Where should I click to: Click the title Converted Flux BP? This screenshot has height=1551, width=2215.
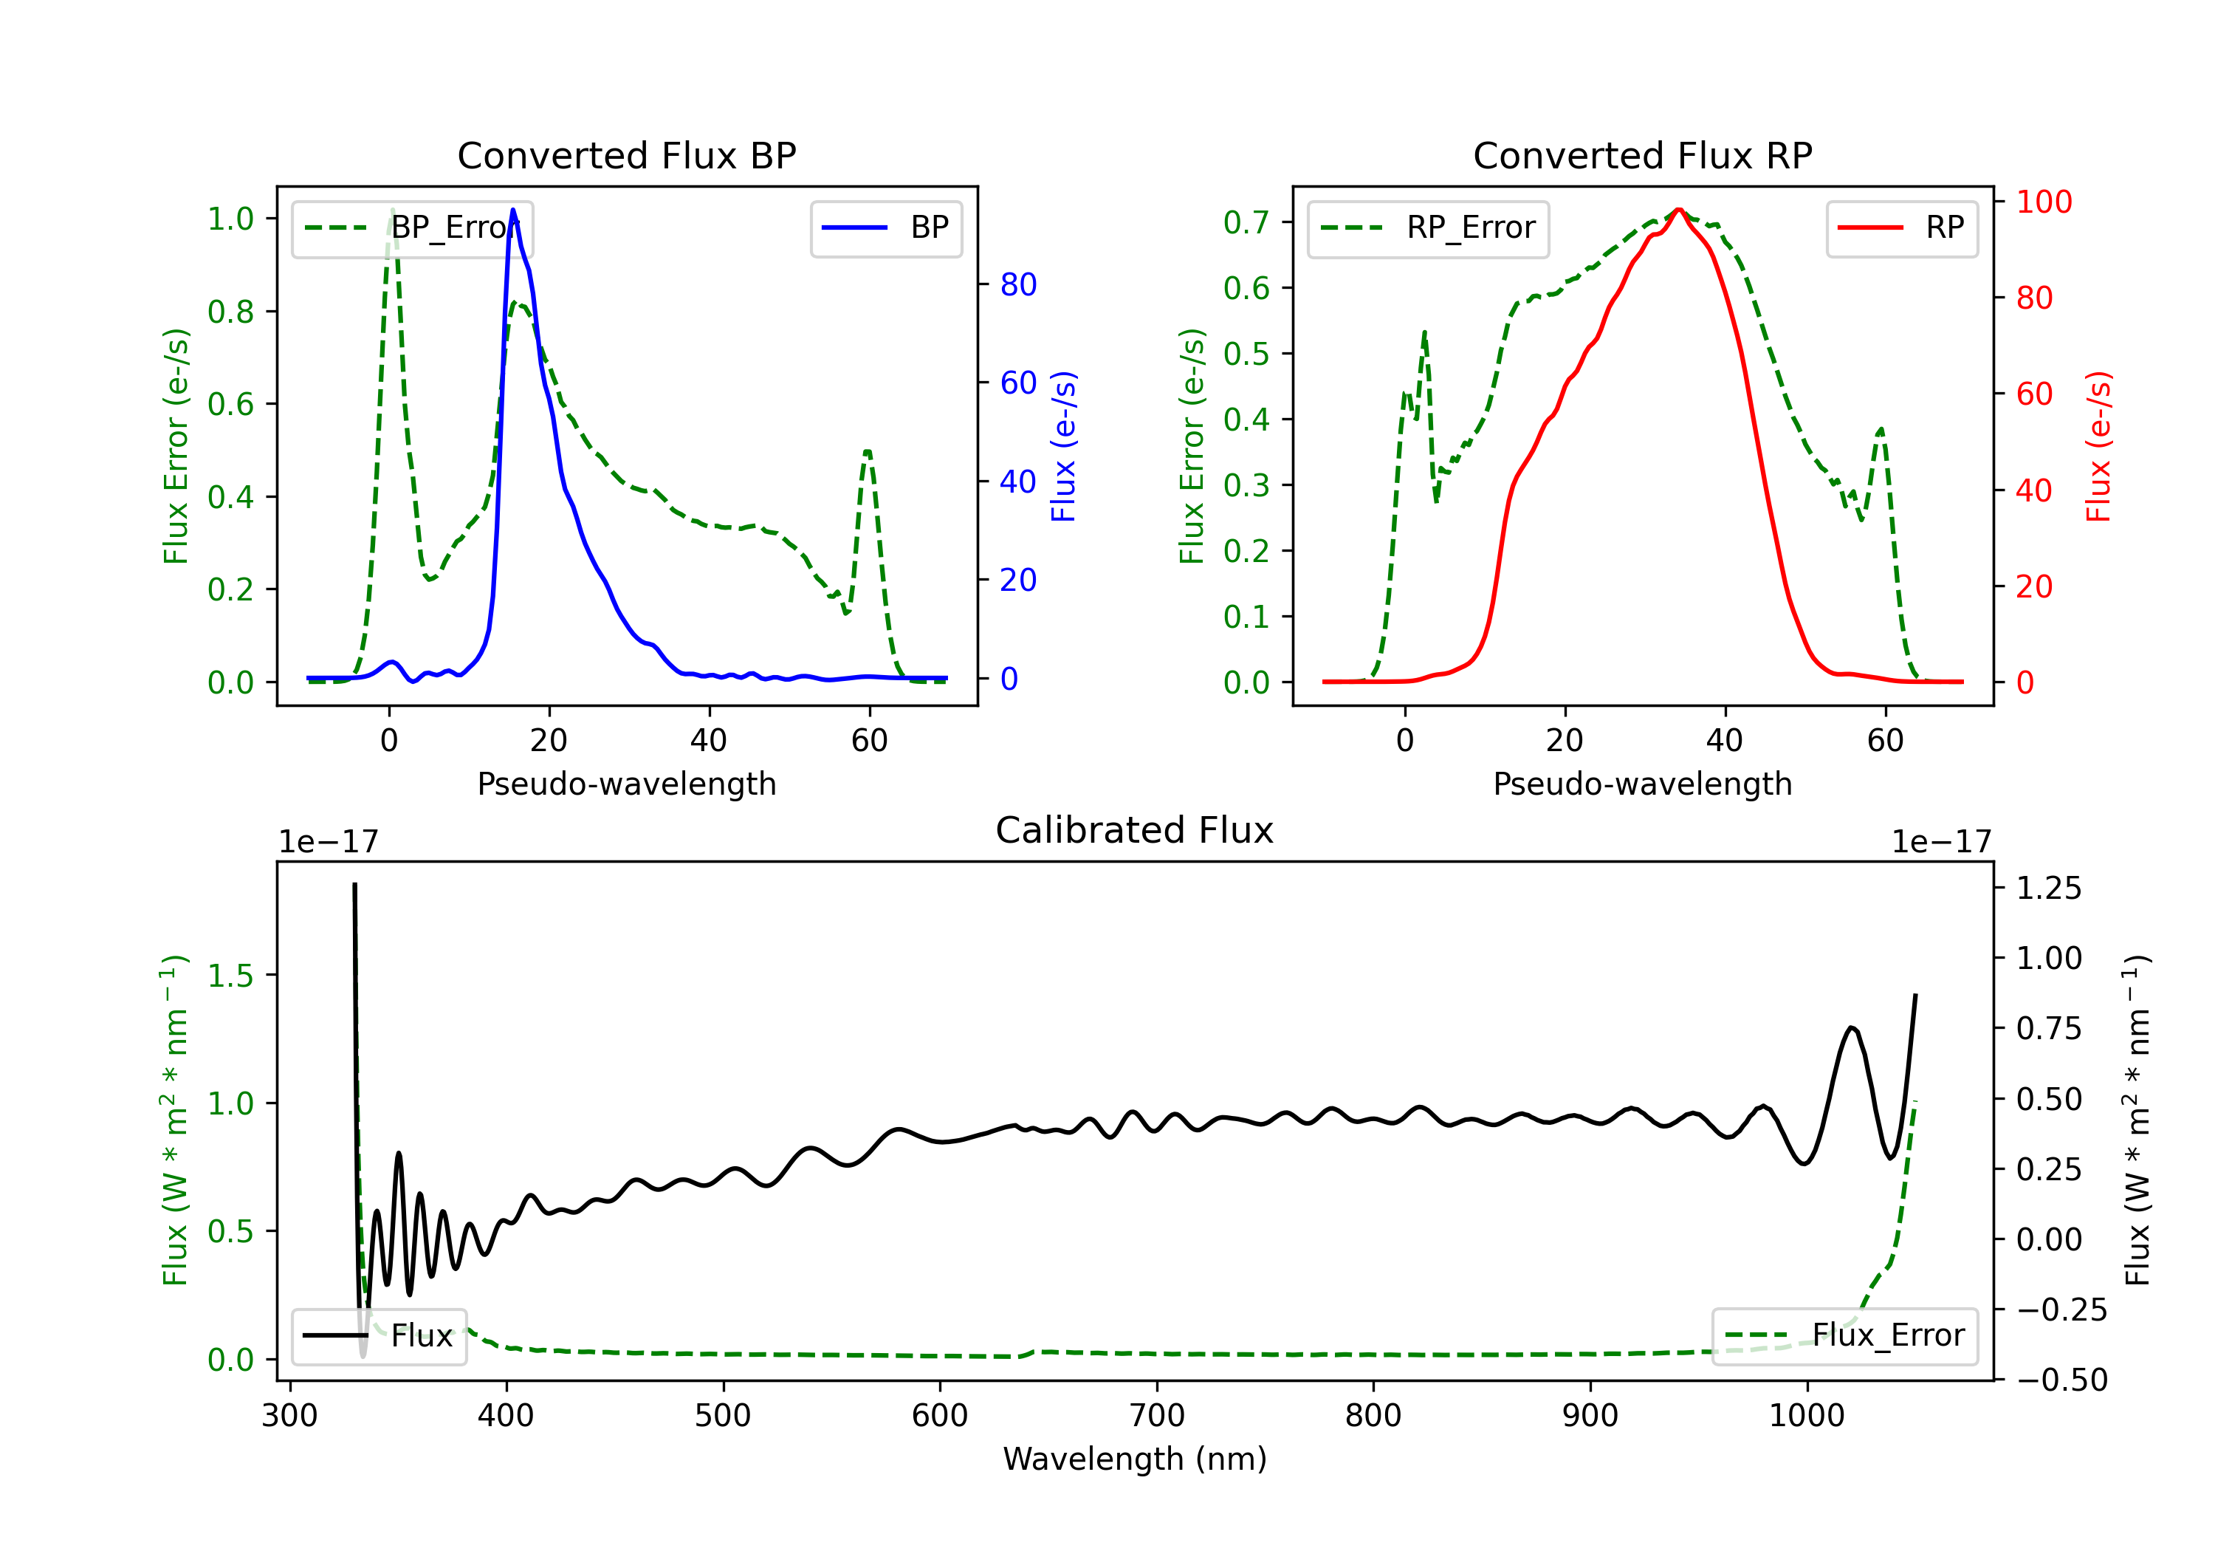pyautogui.click(x=626, y=155)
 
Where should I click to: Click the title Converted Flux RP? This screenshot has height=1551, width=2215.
pyautogui.click(x=1642, y=155)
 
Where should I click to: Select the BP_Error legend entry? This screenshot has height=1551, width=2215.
pyautogui.click(x=412, y=227)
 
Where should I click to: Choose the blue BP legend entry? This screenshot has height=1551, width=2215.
pyautogui.click(x=885, y=227)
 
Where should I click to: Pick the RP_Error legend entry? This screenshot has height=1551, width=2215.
pyautogui.click(x=1428, y=227)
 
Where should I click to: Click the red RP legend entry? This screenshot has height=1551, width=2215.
pyautogui.click(x=1901, y=227)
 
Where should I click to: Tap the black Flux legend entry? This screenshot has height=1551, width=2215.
pyautogui.click(x=380, y=1336)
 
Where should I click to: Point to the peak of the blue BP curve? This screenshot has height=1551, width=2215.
pyautogui.click(x=512, y=210)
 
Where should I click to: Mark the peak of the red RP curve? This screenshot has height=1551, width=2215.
pyautogui.click(x=1679, y=210)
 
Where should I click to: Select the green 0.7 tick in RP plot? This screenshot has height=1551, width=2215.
pyautogui.click(x=1246, y=223)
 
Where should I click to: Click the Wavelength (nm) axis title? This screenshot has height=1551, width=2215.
pyautogui.click(x=1135, y=1459)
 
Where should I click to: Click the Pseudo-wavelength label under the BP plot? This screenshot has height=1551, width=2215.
pyautogui.click(x=626, y=784)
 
